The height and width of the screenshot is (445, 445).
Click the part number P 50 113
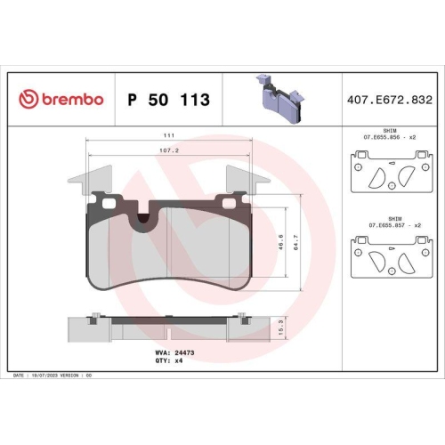pyautogui.click(x=169, y=100)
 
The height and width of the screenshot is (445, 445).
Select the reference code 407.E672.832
pyautogui.click(x=392, y=100)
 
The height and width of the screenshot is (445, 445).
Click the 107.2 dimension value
pyautogui.click(x=168, y=151)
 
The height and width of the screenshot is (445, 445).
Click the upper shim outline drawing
pyautogui.click(x=389, y=174)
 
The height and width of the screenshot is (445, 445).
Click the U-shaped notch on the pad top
pyautogui.click(x=145, y=216)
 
